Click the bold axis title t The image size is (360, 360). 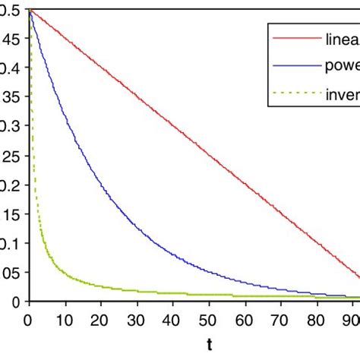[x=209, y=344]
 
